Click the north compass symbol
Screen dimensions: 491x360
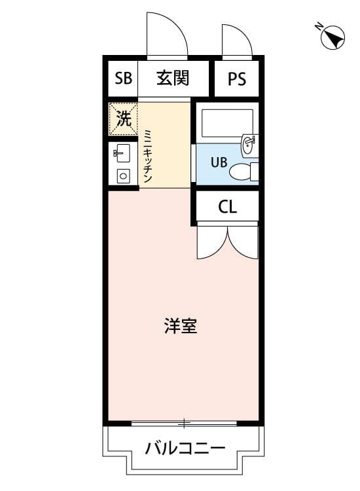click(333, 37)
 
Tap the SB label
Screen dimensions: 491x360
click(123, 79)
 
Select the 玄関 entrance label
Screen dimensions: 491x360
click(173, 79)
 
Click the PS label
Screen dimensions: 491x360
click(237, 79)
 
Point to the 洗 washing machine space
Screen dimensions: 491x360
click(123, 119)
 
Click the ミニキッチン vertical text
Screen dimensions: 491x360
click(148, 156)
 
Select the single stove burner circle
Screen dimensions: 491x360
click(122, 175)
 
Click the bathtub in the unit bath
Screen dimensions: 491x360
click(227, 122)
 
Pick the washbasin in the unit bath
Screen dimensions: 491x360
click(249, 146)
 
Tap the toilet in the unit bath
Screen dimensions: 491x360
click(243, 172)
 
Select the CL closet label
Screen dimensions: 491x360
click(227, 208)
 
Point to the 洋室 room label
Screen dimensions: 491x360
click(181, 325)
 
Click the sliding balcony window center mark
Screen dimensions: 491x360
click(185, 424)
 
